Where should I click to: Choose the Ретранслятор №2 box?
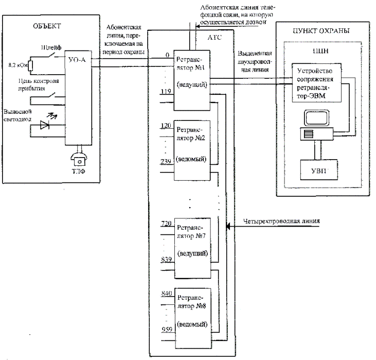click(191, 149)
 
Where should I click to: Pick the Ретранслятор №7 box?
click(191, 242)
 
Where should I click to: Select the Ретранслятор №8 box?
click(191, 314)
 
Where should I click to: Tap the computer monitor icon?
click(315, 118)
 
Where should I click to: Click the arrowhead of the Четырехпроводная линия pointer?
click(228, 225)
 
